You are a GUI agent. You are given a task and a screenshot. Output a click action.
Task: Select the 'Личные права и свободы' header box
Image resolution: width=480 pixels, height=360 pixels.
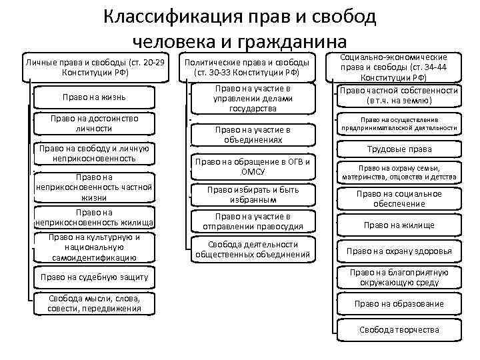pyautogui.click(x=94, y=67)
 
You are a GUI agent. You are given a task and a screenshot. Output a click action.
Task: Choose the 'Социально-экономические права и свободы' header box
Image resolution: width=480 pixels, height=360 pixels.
pyautogui.click(x=398, y=67)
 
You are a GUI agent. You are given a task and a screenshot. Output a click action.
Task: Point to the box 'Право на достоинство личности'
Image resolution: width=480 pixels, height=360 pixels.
pyautogui.click(x=95, y=123)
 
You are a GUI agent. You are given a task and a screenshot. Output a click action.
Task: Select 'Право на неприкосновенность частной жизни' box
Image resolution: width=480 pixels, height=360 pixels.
pyautogui.click(x=95, y=188)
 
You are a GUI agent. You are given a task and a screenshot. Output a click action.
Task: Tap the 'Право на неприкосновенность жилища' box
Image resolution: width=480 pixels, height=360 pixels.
pyautogui.click(x=95, y=217)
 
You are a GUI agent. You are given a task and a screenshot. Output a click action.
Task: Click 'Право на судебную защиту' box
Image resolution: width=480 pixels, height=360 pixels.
pyautogui.click(x=95, y=277)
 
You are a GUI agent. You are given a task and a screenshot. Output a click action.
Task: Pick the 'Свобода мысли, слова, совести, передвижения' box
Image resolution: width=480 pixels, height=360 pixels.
pyautogui.click(x=95, y=303)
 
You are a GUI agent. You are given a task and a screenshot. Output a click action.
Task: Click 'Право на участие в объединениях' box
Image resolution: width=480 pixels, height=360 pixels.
pyautogui.click(x=251, y=135)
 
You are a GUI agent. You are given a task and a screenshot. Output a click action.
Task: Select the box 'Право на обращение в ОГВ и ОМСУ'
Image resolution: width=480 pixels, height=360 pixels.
pyautogui.click(x=251, y=167)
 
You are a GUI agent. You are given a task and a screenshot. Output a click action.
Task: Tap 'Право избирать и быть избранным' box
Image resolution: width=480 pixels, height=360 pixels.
pyautogui.click(x=251, y=194)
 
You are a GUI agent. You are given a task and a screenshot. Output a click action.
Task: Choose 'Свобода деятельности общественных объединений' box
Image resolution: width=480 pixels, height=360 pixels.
pyautogui.click(x=251, y=249)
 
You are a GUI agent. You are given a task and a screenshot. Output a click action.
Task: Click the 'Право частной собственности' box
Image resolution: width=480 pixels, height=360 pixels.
pyautogui.click(x=399, y=95)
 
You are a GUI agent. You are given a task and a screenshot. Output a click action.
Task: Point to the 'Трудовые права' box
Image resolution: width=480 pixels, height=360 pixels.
pyautogui.click(x=399, y=149)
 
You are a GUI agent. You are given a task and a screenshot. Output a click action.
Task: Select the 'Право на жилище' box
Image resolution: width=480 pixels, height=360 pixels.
pyautogui.click(x=399, y=225)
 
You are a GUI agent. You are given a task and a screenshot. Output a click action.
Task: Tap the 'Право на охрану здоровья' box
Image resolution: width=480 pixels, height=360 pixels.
pyautogui.click(x=399, y=251)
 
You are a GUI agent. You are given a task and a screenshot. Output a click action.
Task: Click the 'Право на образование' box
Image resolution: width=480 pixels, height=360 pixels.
pyautogui.click(x=399, y=303)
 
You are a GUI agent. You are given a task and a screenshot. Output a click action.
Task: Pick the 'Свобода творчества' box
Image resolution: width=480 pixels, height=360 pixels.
pyautogui.click(x=399, y=330)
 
